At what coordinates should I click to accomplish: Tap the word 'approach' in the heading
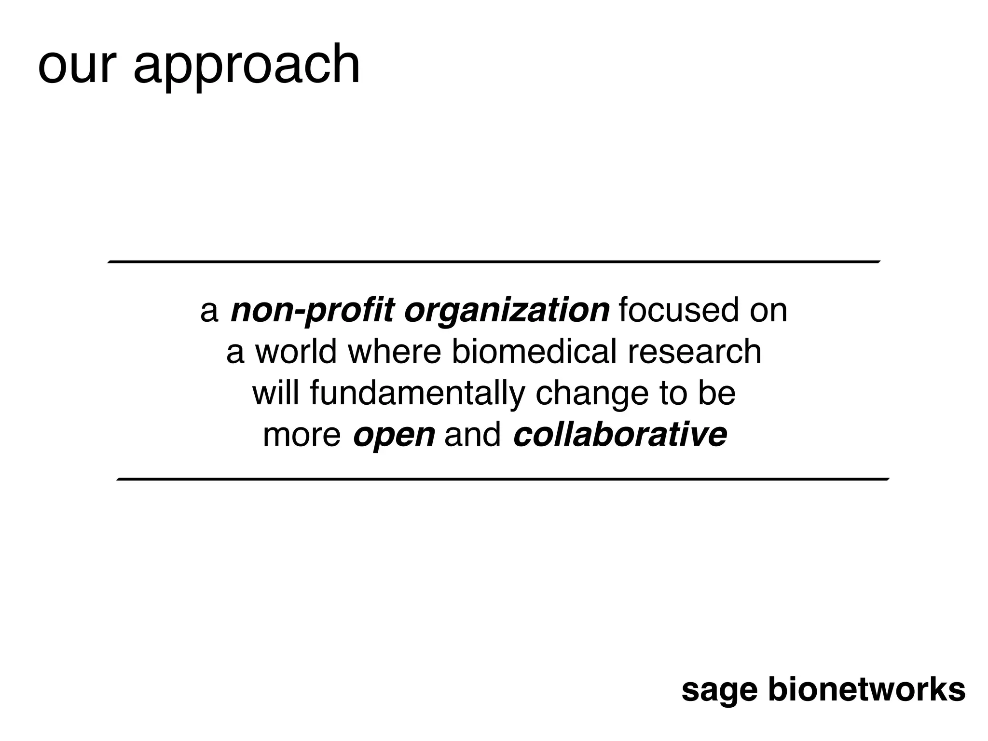[x=247, y=68]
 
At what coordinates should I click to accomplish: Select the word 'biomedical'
[x=534, y=352]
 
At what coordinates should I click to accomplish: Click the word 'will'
[x=276, y=393]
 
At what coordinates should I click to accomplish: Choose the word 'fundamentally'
[x=417, y=394]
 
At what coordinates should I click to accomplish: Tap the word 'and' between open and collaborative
[x=472, y=435]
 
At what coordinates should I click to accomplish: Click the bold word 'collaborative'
[x=620, y=435]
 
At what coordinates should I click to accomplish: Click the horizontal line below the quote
[x=503, y=479]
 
